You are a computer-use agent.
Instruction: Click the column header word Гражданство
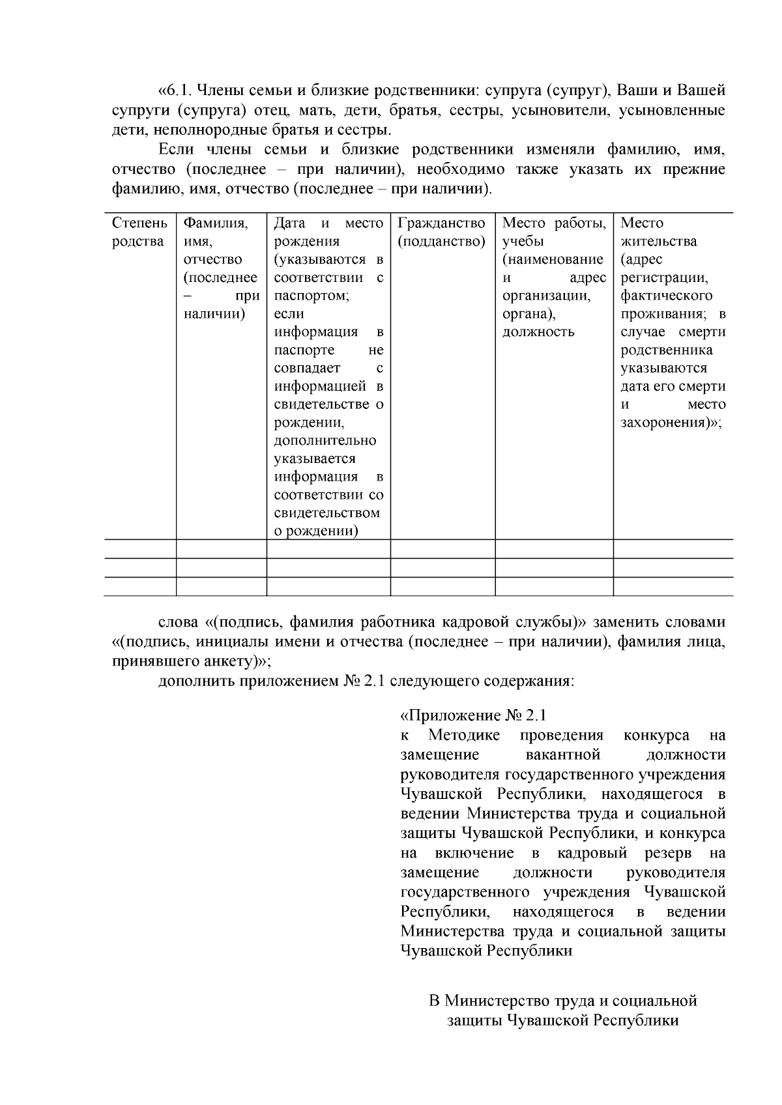(x=441, y=223)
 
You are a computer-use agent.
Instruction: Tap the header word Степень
(x=139, y=223)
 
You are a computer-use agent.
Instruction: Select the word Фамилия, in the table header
(x=216, y=223)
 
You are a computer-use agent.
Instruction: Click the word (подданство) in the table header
(x=441, y=242)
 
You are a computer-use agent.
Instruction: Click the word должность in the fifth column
(x=538, y=332)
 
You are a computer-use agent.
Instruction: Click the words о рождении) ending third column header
(x=316, y=531)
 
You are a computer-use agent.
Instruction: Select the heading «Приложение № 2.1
(x=473, y=716)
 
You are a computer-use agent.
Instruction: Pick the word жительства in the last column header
(x=659, y=242)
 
